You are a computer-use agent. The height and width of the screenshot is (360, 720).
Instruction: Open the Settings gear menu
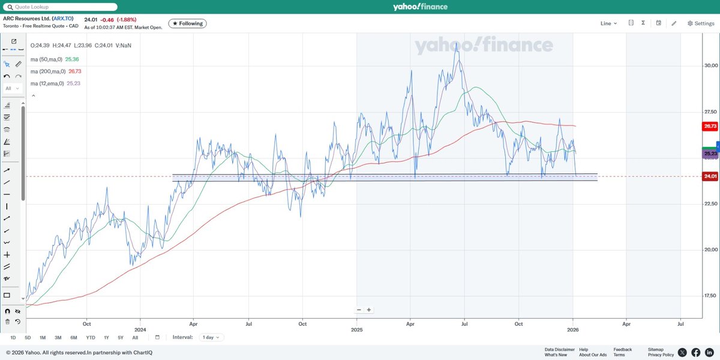pyautogui.click(x=700, y=23)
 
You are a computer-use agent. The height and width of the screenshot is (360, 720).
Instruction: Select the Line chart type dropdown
pyautogui.click(x=608, y=23)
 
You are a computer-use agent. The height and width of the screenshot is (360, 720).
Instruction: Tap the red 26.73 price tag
pyautogui.click(x=710, y=127)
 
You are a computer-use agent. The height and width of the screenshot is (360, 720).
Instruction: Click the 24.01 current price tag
pyautogui.click(x=710, y=176)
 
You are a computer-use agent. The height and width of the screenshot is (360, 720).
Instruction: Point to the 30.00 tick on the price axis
pyautogui.click(x=711, y=65)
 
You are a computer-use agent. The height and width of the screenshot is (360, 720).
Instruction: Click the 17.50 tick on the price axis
pyautogui.click(x=711, y=296)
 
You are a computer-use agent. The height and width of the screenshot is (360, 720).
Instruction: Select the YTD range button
pyautogui.click(x=90, y=337)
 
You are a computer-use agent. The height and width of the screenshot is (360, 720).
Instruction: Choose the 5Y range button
pyautogui.click(x=121, y=337)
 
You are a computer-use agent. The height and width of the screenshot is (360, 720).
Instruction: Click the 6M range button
pyautogui.click(x=74, y=337)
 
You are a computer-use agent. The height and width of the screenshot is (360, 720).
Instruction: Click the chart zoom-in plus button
pyautogui.click(x=369, y=310)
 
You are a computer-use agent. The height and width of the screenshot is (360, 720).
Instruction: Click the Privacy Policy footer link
pyautogui.click(x=661, y=355)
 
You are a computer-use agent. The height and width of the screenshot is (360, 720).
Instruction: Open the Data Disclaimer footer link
pyautogui.click(x=559, y=349)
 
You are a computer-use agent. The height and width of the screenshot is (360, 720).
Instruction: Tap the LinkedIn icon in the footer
pyautogui.click(x=709, y=352)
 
